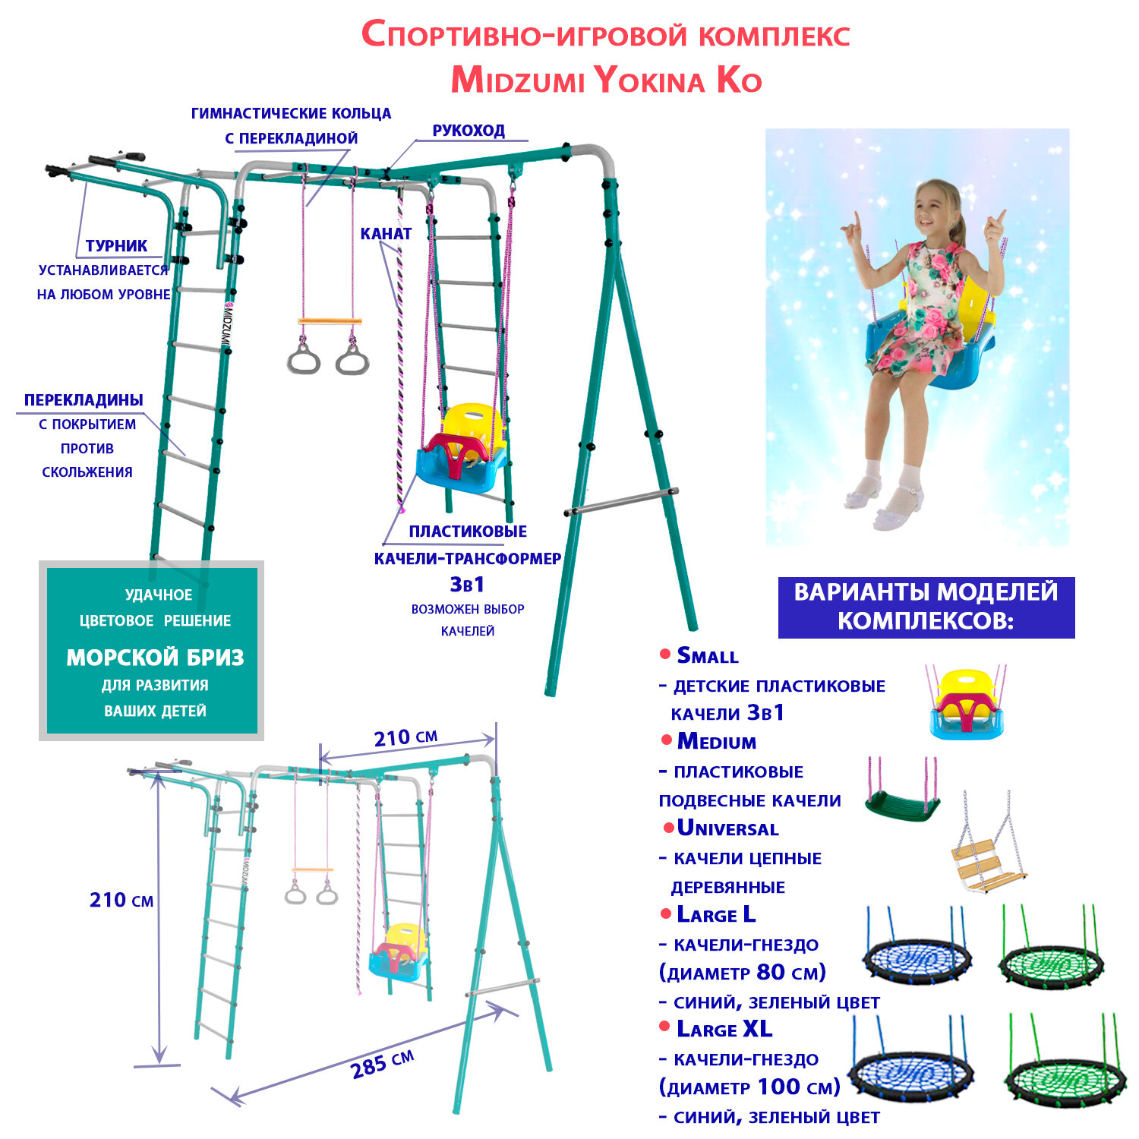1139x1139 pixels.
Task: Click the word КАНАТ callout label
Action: tap(386, 234)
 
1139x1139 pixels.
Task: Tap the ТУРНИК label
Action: tap(116, 246)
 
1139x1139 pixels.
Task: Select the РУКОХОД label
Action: tap(469, 131)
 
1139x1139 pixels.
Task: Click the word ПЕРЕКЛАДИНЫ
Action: tap(84, 400)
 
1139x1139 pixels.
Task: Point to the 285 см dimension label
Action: tap(382, 1064)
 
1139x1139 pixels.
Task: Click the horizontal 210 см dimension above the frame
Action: tap(405, 737)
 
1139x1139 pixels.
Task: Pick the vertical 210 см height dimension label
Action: tap(121, 901)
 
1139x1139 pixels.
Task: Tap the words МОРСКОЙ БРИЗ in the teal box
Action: tap(155, 658)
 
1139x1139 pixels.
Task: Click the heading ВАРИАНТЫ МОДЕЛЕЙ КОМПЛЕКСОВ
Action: tap(926, 606)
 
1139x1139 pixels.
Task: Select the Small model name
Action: tap(707, 655)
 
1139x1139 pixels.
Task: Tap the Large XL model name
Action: tap(724, 1029)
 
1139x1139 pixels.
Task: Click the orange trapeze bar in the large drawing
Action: tap(330, 322)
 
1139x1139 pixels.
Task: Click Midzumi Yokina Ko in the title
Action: tap(606, 80)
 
